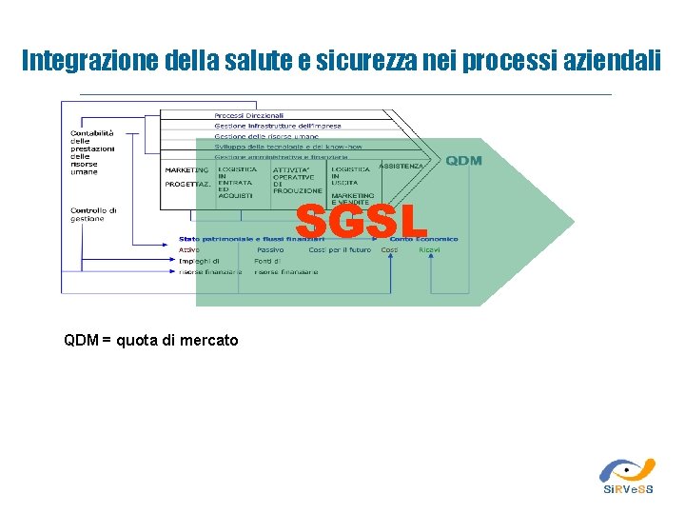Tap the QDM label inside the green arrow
pyautogui.click(x=463, y=161)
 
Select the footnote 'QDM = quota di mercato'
pyautogui.click(x=151, y=340)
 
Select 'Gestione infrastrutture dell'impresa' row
pyautogui.click(x=277, y=126)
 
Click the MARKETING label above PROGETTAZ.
pyautogui.click(x=186, y=169)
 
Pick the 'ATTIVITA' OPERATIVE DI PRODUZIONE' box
pyautogui.click(x=298, y=180)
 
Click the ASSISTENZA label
pyautogui.click(x=401, y=166)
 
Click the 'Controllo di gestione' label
pyautogui.click(x=93, y=214)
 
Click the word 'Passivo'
pyautogui.click(x=269, y=249)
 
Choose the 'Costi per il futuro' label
pyautogui.click(x=340, y=249)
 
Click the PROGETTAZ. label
pyautogui.click(x=187, y=184)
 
